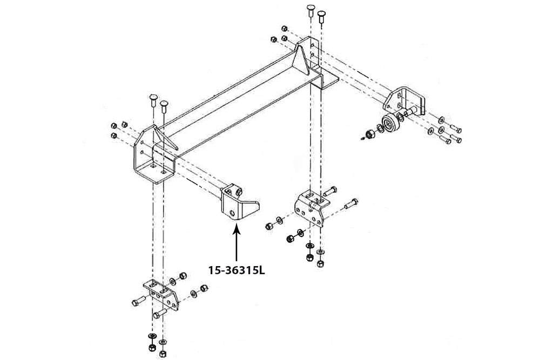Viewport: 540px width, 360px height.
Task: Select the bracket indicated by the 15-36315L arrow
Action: (x=238, y=205)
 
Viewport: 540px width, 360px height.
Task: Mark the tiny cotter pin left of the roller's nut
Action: (x=361, y=138)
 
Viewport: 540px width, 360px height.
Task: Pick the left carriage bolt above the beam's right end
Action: (x=310, y=11)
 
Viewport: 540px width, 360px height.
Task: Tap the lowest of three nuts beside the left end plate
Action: (x=114, y=135)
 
